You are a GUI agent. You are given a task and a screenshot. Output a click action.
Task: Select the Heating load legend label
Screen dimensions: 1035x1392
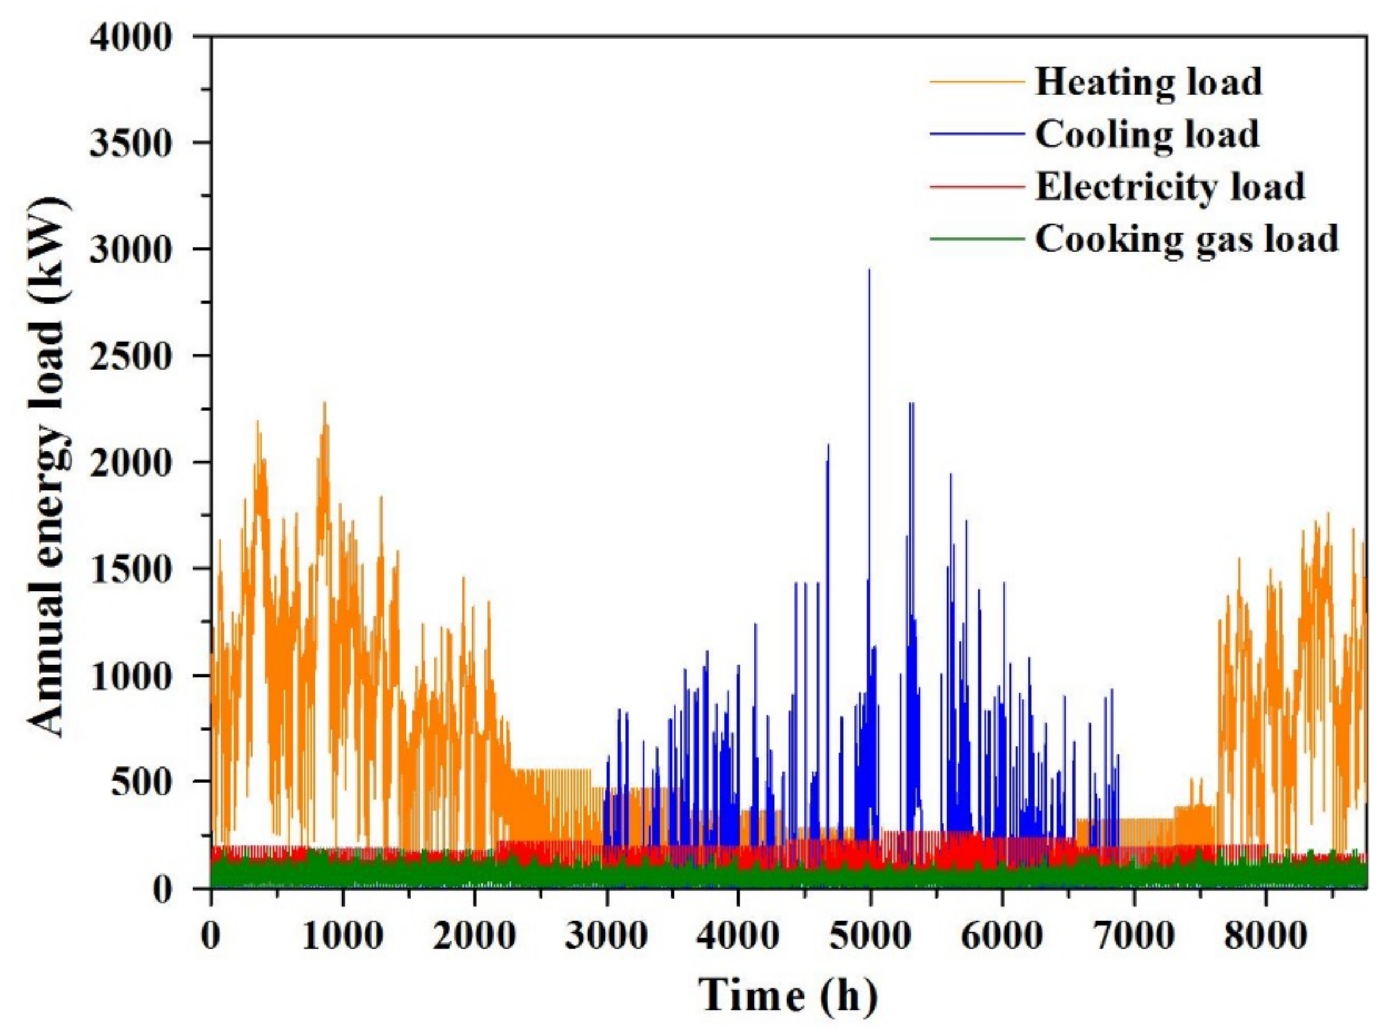[x=1148, y=82]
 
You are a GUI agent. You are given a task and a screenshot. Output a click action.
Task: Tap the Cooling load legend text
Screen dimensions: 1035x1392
[x=1146, y=134]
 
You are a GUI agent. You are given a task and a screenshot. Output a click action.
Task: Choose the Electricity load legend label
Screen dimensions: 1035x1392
[x=1169, y=187]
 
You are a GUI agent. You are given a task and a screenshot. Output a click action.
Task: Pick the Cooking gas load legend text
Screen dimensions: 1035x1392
[x=1186, y=239]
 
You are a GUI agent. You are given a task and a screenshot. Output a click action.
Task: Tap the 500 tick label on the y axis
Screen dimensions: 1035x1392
[x=141, y=782]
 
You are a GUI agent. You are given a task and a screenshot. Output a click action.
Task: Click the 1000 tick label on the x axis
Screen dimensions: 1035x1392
[x=342, y=936]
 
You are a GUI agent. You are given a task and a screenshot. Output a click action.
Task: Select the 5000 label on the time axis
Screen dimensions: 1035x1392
[x=870, y=936]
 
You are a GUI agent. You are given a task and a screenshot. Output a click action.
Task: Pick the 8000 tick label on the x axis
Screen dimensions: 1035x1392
[x=1266, y=936]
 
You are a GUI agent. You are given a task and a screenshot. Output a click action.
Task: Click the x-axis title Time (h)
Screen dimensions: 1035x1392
[x=789, y=995]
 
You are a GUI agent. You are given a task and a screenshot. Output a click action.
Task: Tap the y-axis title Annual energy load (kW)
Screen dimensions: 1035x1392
[x=47, y=463]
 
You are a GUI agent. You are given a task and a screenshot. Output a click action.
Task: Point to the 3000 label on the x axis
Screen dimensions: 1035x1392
[x=606, y=936]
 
